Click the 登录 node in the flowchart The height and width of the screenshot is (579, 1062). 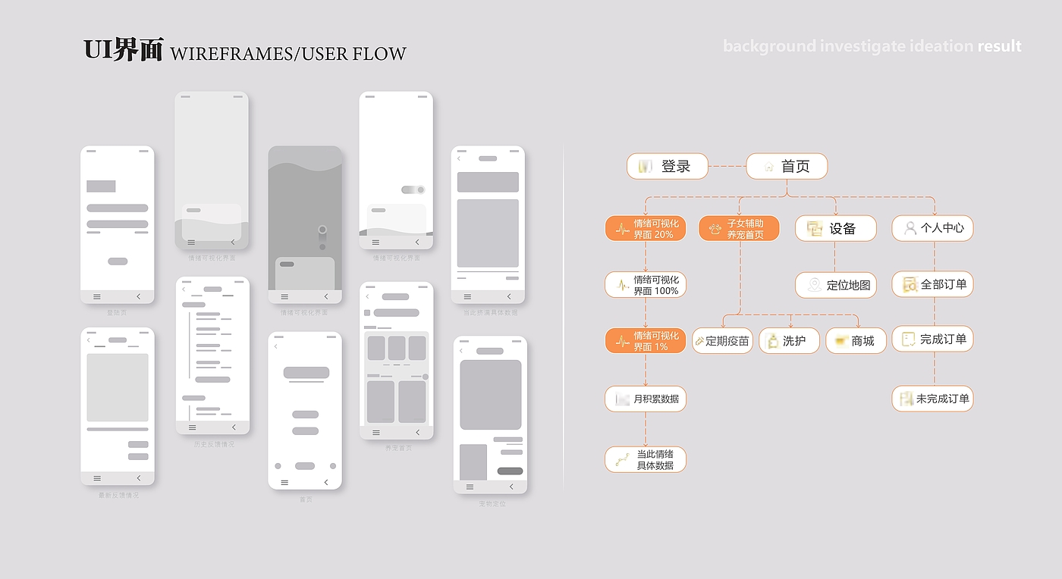click(668, 166)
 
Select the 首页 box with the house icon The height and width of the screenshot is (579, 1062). click(787, 166)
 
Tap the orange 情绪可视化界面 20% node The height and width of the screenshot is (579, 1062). click(646, 228)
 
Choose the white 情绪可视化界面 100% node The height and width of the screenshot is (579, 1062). click(646, 285)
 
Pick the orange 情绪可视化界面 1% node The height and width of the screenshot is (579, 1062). click(646, 341)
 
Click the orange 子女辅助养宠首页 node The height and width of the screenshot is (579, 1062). click(739, 228)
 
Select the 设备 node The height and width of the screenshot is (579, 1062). click(835, 228)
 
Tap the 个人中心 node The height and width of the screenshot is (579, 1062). click(932, 228)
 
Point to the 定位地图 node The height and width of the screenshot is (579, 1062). click(836, 285)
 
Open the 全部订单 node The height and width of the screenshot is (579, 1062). click(932, 285)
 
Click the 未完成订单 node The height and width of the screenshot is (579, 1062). click(932, 399)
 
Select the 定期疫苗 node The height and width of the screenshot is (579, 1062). click(722, 341)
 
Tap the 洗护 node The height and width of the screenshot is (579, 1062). click(789, 341)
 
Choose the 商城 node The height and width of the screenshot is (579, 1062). click(856, 341)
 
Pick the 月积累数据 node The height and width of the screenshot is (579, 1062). click(646, 399)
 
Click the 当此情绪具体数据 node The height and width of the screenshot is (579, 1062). click(646, 459)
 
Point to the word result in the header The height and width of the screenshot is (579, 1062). click(999, 46)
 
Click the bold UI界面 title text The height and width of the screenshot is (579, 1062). click(123, 50)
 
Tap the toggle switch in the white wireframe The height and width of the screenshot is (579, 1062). click(413, 189)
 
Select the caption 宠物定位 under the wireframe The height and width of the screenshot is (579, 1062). click(492, 503)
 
